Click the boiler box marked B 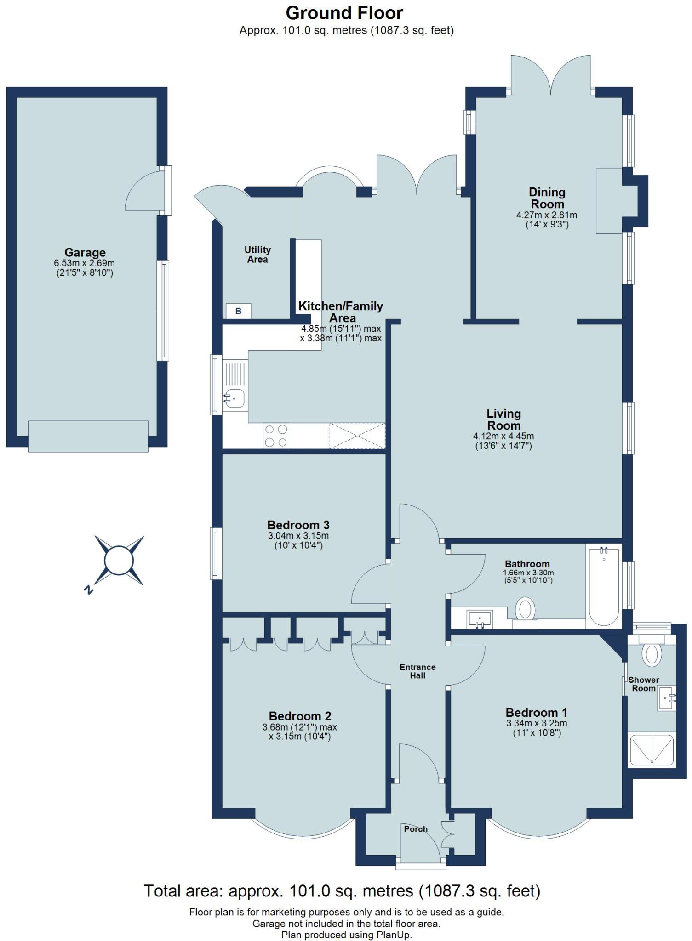point(238,311)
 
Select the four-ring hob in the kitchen point(276,435)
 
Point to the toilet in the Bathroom point(525,609)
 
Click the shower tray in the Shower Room point(652,750)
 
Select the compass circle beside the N point(119,560)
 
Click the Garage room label point(85,252)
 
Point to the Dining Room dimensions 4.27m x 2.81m point(547,215)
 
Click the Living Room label point(503,419)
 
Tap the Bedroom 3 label point(298,525)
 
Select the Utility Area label point(257,255)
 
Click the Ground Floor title point(344,13)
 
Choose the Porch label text point(416,829)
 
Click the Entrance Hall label point(417,671)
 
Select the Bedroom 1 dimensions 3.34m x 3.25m point(537,723)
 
